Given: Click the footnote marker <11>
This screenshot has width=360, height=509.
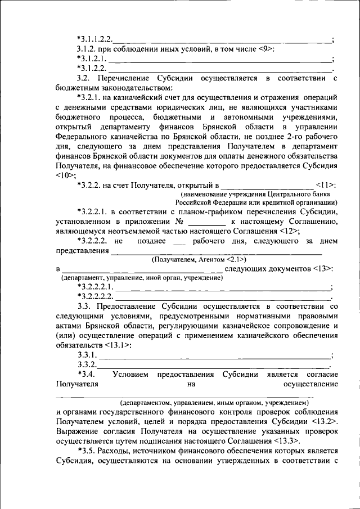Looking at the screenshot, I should pyautogui.click(x=326, y=184).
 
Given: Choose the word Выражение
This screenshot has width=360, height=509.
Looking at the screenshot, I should pyautogui.click(x=80, y=431).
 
